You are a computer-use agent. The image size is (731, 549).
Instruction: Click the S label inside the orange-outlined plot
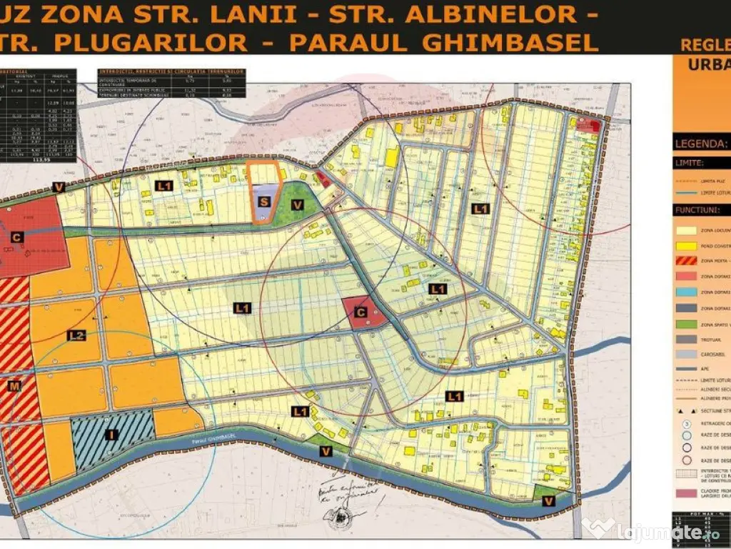pos(264,202)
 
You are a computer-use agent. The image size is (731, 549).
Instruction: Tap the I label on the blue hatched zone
pos(111,435)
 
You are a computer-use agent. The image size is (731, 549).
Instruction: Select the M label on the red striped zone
pos(12,386)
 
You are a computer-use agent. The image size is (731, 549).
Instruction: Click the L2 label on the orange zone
pos(77,335)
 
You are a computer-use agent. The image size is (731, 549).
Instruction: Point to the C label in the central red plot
pos(361,312)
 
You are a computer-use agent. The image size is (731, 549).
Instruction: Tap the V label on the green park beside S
pos(298,204)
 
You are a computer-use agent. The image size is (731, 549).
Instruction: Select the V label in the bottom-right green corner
pos(547,501)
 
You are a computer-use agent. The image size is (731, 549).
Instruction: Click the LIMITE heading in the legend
pos(690,163)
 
